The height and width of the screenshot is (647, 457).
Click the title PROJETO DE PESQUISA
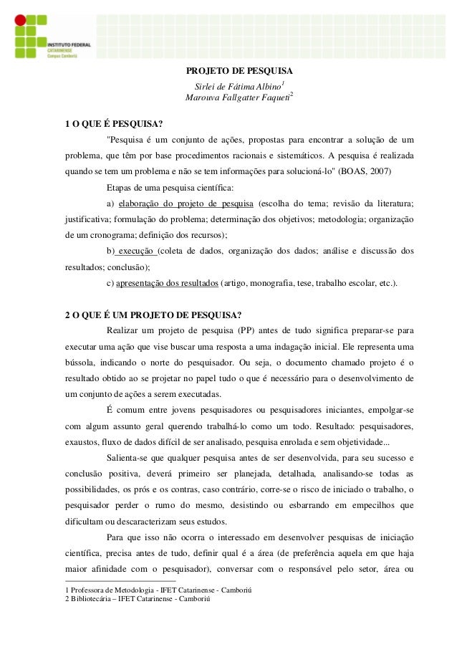point(239,72)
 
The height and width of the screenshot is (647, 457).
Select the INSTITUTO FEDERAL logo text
point(69,44)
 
